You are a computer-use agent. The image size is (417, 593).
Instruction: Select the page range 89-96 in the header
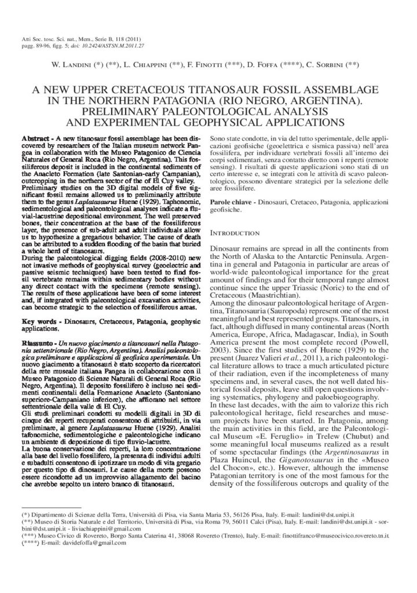[36, 44]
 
